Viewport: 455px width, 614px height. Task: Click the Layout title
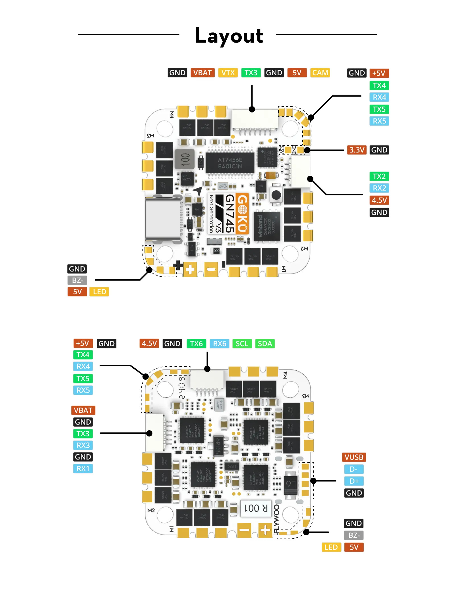pyautogui.click(x=229, y=36)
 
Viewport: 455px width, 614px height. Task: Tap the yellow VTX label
pyautogui.click(x=228, y=73)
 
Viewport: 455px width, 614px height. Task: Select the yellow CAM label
pyautogui.click(x=320, y=73)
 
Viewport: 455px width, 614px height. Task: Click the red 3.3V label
pyautogui.click(x=356, y=150)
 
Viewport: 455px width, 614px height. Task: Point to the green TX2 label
pyautogui.click(x=379, y=176)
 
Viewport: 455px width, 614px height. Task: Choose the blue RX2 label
pyautogui.click(x=379, y=188)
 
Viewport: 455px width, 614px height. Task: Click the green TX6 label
pyautogui.click(x=196, y=344)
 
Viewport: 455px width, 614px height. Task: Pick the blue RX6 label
pyautogui.click(x=220, y=344)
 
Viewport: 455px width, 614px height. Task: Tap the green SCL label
pyautogui.click(x=242, y=344)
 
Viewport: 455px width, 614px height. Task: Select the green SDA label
pyautogui.click(x=265, y=344)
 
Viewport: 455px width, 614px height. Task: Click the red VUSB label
pyautogui.click(x=354, y=457)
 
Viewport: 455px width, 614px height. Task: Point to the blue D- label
pyautogui.click(x=354, y=469)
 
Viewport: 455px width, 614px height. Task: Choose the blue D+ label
pyautogui.click(x=354, y=481)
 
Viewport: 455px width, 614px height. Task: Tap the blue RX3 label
pyautogui.click(x=83, y=445)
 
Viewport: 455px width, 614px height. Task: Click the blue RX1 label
pyautogui.click(x=83, y=469)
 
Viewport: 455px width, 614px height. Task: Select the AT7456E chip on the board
pyautogui.click(x=230, y=163)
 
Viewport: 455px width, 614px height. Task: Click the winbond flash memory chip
pyautogui.click(x=267, y=226)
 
